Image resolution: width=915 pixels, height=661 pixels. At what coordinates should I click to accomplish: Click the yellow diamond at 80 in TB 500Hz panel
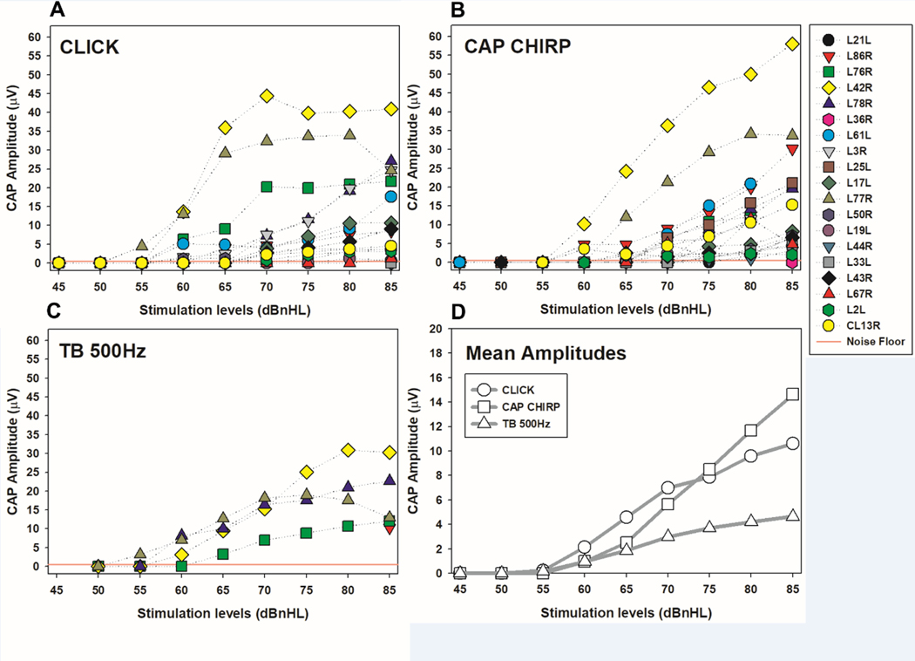348,449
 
